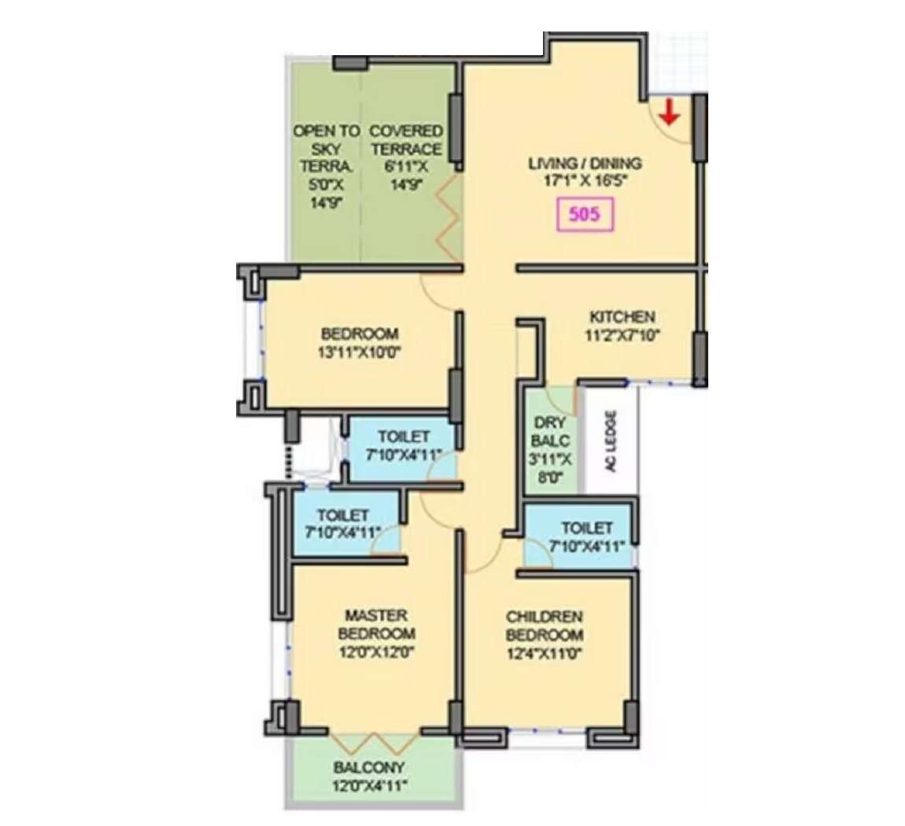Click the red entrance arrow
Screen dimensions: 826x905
coord(669,112)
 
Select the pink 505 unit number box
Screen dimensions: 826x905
coord(583,215)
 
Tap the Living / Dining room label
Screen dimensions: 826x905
coord(585,164)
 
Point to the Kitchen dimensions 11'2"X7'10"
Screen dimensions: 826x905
coord(622,334)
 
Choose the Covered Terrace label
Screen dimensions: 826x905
coord(406,140)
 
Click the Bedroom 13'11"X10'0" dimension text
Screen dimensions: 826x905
coord(360,352)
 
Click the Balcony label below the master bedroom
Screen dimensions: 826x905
coord(368,767)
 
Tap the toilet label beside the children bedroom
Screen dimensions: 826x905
coord(587,528)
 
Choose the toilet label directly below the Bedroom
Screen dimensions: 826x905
coord(404,437)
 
